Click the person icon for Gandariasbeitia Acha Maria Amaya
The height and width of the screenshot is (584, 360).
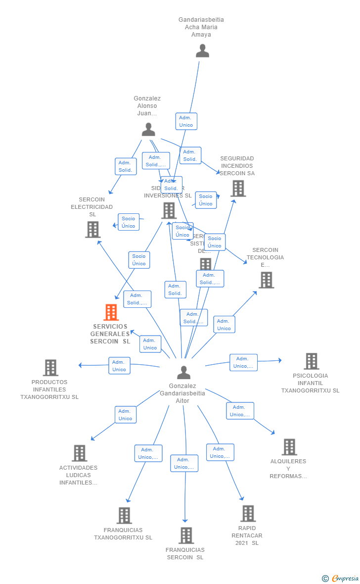click(x=202, y=51)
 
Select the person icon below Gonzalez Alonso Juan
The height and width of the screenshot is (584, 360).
click(x=148, y=130)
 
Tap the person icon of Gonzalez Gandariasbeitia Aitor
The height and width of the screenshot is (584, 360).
click(x=183, y=373)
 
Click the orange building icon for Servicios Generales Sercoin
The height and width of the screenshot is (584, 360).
click(x=111, y=312)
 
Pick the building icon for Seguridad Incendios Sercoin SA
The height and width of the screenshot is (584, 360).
click(x=238, y=189)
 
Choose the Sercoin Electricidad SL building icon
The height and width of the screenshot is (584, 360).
click(x=93, y=230)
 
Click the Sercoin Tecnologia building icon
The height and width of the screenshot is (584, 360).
click(x=266, y=280)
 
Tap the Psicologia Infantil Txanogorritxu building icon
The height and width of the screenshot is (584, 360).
click(x=311, y=361)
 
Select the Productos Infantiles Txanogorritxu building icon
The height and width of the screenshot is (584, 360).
click(x=50, y=368)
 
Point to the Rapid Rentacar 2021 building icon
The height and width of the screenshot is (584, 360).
click(x=248, y=514)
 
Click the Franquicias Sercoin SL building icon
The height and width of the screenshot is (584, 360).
click(x=186, y=535)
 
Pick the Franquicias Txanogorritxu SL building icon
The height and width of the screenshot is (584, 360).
click(x=124, y=516)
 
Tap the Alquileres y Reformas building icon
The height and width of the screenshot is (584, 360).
click(x=289, y=447)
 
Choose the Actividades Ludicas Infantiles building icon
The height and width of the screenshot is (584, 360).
click(x=79, y=453)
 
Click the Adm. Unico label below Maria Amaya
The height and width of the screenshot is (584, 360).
click(x=186, y=121)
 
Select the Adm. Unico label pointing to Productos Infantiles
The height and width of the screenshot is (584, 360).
click(x=119, y=366)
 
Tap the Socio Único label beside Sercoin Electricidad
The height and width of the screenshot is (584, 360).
click(x=129, y=222)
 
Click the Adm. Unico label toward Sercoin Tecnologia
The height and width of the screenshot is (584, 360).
click(x=224, y=325)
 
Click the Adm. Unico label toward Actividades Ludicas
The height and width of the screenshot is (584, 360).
click(x=126, y=415)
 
